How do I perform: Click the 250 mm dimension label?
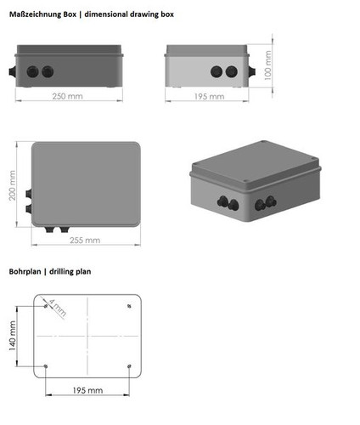click(x=67, y=96)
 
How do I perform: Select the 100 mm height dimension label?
click(x=267, y=65)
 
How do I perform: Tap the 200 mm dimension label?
click(x=12, y=185)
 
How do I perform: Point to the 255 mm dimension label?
click(x=85, y=241)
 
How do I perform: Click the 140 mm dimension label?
click(x=12, y=336)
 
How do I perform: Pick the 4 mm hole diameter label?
click(x=58, y=308)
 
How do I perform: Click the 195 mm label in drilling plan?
click(x=87, y=390)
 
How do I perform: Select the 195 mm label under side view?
click(x=209, y=96)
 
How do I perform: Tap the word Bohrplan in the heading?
click(x=25, y=271)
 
